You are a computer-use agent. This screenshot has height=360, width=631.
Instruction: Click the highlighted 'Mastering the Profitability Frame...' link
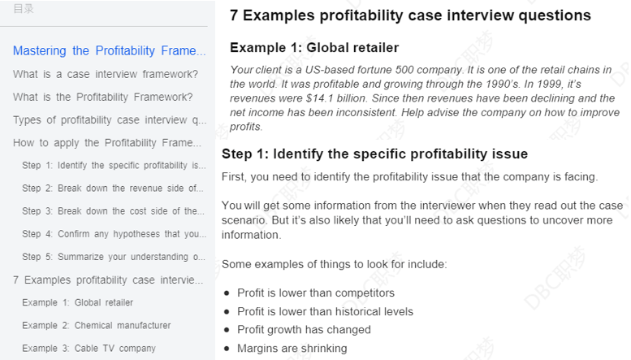109,50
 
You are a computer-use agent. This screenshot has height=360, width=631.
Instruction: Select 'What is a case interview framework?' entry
106,74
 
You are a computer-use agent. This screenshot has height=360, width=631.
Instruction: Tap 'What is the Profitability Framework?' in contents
102,97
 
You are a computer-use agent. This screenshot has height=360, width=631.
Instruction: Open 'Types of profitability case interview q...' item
110,120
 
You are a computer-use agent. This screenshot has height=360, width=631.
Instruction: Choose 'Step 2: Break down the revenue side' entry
113,188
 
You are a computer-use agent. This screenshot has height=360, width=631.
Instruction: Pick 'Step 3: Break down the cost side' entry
113,211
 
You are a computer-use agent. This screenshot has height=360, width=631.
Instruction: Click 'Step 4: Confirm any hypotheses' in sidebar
114,234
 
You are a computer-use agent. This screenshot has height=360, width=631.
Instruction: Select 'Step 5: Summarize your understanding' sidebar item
114,257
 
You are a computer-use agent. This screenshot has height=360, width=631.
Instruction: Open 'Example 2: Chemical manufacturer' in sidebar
96,325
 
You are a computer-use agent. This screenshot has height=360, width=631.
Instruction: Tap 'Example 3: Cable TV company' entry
89,349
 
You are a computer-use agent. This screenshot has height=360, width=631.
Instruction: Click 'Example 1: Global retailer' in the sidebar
77,302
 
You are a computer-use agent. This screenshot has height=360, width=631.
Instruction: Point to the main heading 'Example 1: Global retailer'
314,47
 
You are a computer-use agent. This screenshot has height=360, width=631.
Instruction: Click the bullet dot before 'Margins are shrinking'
227,349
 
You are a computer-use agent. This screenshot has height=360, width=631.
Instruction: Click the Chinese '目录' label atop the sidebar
24,9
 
